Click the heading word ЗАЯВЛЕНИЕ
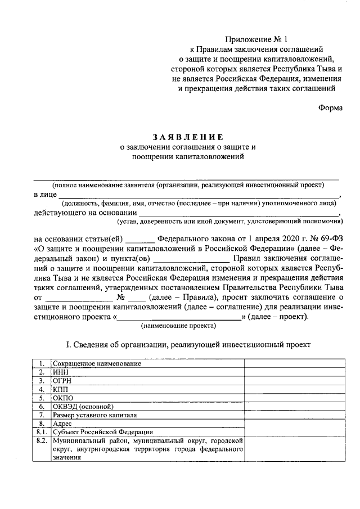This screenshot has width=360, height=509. pos(188,137)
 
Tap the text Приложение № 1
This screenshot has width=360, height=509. pos(256,39)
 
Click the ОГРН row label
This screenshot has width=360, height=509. pos(62,380)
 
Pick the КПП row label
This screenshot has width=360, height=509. pos(60,389)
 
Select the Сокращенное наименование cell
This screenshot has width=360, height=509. pos(96,363)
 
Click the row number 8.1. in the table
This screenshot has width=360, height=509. pos(41,432)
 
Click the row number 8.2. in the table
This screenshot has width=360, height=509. pos(41,441)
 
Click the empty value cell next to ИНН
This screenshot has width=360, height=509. pos(292,372)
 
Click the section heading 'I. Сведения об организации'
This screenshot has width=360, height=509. pos(188,344)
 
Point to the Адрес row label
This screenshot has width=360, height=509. pos(62,424)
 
